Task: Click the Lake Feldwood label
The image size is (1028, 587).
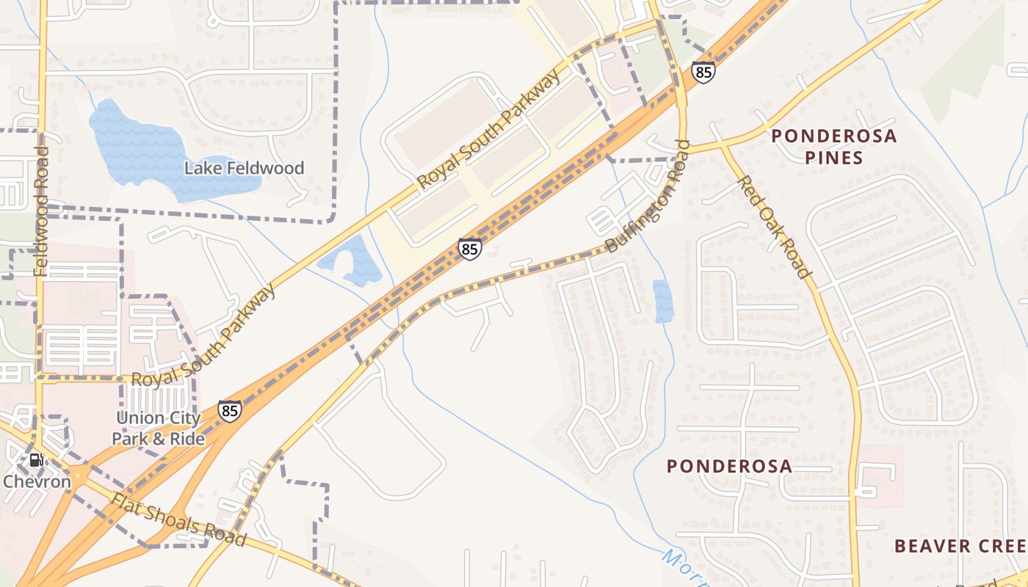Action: click(244, 168)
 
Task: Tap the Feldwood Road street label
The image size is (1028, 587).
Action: click(41, 211)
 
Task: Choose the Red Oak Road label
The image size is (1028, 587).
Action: click(775, 227)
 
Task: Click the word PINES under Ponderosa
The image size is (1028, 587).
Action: click(833, 157)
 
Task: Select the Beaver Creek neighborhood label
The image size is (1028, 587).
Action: click(958, 546)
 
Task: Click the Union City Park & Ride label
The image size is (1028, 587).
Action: click(158, 428)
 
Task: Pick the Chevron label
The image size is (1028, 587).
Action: click(37, 481)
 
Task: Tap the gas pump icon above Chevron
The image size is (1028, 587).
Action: click(35, 461)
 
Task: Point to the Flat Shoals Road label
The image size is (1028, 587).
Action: click(178, 519)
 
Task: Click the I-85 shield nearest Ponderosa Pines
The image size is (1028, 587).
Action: click(703, 72)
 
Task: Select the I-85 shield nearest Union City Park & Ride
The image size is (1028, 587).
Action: click(230, 410)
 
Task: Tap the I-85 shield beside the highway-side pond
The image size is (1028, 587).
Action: click(469, 249)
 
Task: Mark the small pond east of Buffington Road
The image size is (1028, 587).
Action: click(662, 301)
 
